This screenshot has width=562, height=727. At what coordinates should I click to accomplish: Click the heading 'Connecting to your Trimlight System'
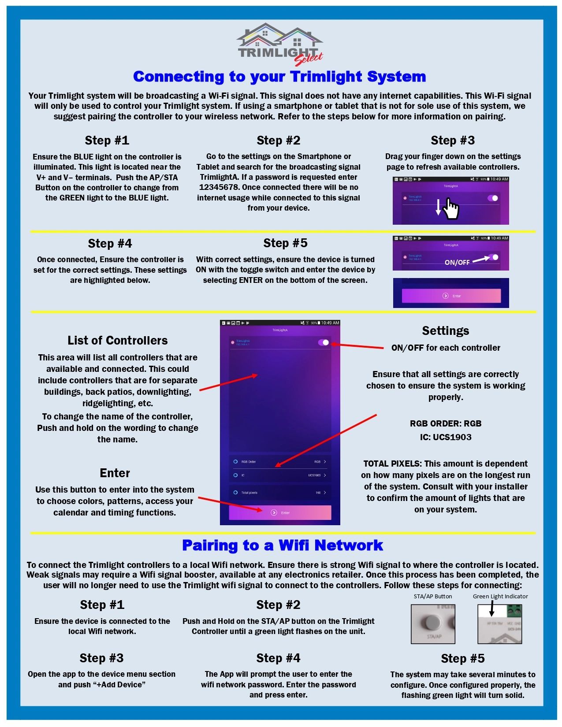click(279, 77)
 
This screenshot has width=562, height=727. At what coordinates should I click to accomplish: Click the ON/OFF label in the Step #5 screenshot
click(457, 263)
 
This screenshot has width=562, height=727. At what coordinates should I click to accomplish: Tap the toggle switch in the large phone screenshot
click(324, 342)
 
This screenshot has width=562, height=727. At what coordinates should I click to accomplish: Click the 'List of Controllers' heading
click(117, 341)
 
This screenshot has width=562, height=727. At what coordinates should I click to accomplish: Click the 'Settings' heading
click(445, 331)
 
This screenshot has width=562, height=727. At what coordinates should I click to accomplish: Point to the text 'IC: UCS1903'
click(445, 438)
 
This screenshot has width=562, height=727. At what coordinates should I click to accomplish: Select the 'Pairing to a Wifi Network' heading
click(282, 545)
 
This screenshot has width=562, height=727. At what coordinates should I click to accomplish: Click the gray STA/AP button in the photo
click(429, 622)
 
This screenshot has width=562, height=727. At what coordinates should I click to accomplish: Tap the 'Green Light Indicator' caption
click(500, 597)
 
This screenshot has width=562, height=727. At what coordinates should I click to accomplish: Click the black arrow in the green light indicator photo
click(492, 609)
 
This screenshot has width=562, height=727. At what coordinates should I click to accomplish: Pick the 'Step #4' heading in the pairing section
click(278, 658)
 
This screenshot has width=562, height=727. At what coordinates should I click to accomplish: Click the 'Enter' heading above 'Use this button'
click(115, 473)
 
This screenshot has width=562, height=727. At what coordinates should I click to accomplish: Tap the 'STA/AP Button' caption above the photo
click(433, 597)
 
